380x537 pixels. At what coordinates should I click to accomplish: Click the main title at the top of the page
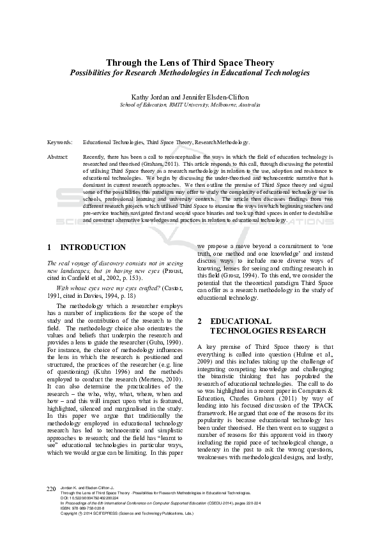(x=190, y=63)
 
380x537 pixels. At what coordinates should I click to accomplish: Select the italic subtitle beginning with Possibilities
(x=190, y=73)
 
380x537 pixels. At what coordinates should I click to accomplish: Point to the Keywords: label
(x=59, y=143)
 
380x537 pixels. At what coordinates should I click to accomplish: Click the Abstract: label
(x=58, y=156)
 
